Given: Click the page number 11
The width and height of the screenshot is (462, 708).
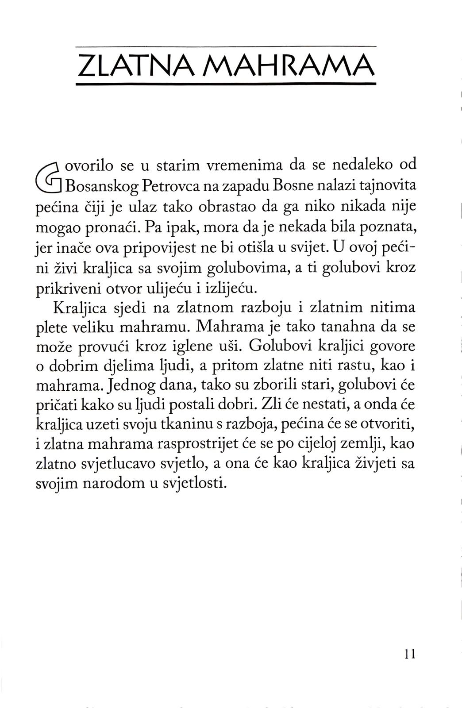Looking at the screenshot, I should (410, 654).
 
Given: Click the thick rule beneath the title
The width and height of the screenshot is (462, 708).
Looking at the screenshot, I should (226, 84).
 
